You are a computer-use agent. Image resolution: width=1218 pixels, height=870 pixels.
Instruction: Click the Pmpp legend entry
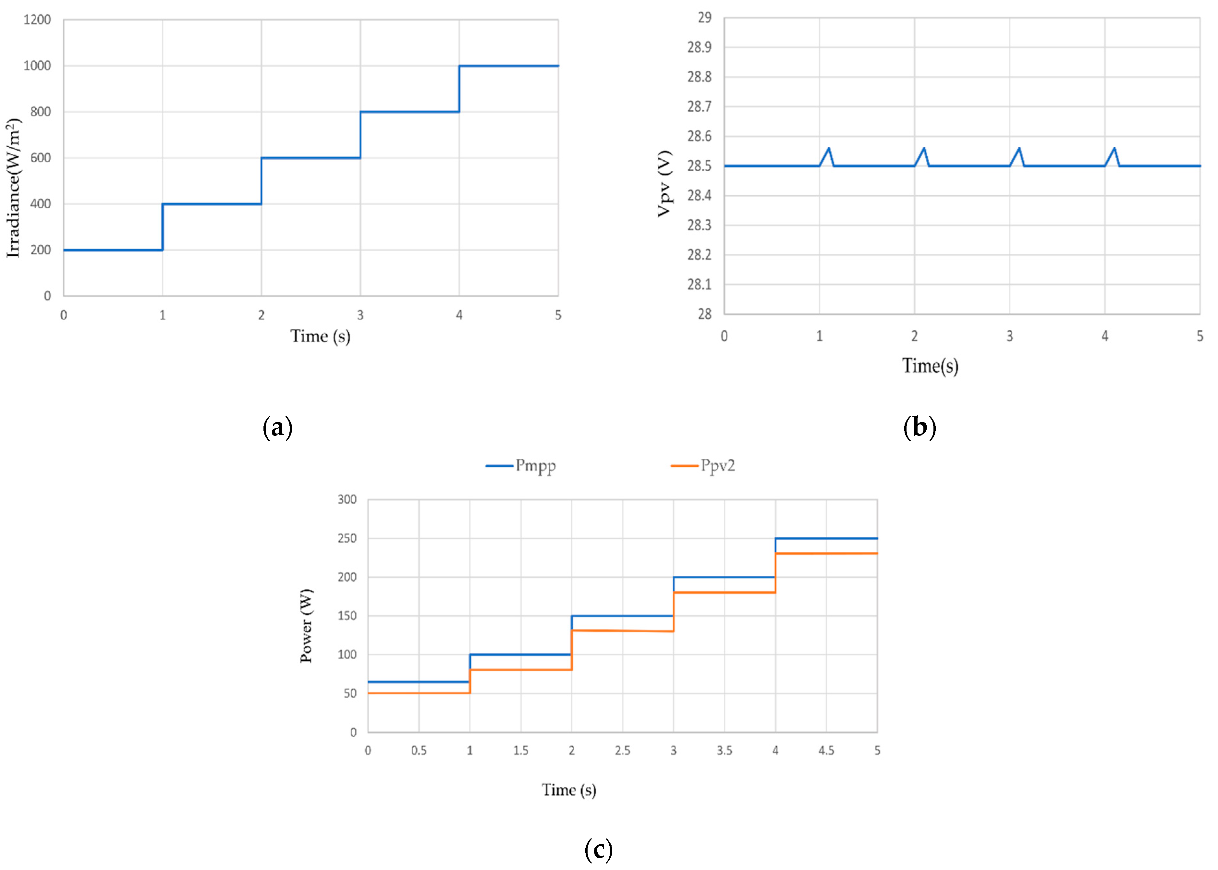click(x=521, y=466)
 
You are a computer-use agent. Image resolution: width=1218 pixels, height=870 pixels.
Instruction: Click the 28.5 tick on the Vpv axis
click(x=700, y=166)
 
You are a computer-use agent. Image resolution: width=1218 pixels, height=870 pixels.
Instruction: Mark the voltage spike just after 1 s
click(x=829, y=149)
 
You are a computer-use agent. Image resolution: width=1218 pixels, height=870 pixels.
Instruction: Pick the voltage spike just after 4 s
click(x=1114, y=149)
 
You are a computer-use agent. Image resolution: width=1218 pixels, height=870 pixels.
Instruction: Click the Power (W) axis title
click(x=306, y=626)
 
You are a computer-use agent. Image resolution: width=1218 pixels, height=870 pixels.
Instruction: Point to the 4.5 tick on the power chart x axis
click(x=826, y=751)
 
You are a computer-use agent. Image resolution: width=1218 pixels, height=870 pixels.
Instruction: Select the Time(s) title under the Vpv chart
click(x=930, y=366)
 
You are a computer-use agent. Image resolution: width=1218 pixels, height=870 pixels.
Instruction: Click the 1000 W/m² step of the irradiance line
click(x=509, y=66)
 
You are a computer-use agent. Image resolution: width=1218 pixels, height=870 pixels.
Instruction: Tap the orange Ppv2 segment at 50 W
click(x=418, y=693)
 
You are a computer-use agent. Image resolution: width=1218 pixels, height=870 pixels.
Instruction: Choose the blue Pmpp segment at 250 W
click(x=826, y=538)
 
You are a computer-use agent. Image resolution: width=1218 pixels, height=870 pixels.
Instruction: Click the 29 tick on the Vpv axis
click(x=704, y=18)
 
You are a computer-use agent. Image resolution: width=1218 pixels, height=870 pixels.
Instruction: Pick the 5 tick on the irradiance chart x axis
click(x=558, y=315)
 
